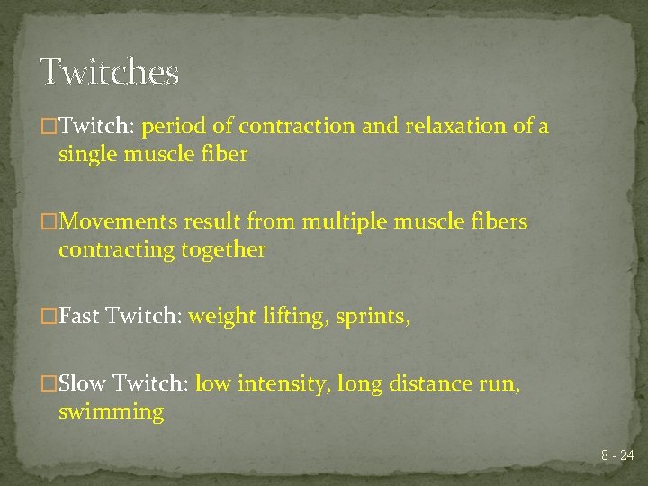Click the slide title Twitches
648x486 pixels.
pyautogui.click(x=109, y=71)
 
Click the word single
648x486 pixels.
pyautogui.click(x=86, y=154)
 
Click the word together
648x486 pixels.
pyautogui.click(x=225, y=249)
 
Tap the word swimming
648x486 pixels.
pyautogui.click(x=111, y=412)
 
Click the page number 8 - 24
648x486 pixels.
pyautogui.click(x=617, y=456)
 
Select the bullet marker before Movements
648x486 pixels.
pyautogui.click(x=49, y=221)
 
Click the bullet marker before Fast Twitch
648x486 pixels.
pyautogui.click(x=49, y=317)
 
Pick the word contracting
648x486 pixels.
pyautogui.click(x=117, y=249)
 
